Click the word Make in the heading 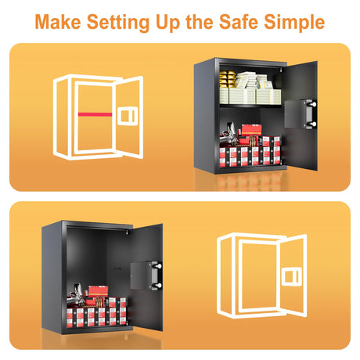coord(58,21)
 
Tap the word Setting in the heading coord(118,23)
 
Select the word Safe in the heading coord(239,21)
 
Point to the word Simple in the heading coord(294,23)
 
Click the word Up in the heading coord(167,23)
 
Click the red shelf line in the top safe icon coord(95,114)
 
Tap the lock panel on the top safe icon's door coord(128,116)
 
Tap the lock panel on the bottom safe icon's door coord(291,277)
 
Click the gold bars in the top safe coord(227,79)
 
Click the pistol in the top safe coord(229,135)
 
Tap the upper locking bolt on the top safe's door coord(313,104)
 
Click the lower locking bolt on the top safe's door coord(313,124)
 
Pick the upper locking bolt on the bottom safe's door coord(158,266)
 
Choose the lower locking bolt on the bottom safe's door coord(158,286)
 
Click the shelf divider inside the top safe coord(250,106)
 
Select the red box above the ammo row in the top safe coord(251,130)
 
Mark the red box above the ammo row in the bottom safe coord(98,291)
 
